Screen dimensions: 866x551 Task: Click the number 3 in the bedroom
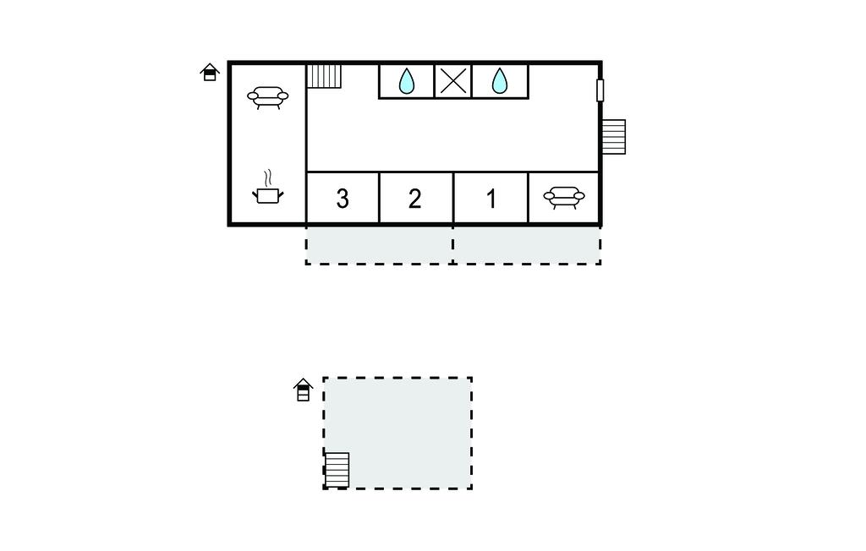(x=343, y=199)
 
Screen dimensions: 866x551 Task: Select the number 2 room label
(x=414, y=199)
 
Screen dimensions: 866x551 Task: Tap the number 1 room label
(x=491, y=199)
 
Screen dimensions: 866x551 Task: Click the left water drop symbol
(x=407, y=80)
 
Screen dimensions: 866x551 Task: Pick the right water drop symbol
(x=499, y=80)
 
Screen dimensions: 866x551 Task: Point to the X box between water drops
(x=453, y=82)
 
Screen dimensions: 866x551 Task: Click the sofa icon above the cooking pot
(x=268, y=97)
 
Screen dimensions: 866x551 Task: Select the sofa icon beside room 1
(x=564, y=197)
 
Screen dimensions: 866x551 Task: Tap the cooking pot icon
(x=268, y=195)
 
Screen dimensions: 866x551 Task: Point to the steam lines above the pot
(x=268, y=177)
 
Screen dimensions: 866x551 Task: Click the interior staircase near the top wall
(x=325, y=76)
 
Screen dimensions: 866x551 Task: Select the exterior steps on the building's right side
(x=613, y=137)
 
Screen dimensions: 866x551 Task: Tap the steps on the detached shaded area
(x=337, y=470)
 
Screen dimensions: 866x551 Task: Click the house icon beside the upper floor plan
(x=210, y=73)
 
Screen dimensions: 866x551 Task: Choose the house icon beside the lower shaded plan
(x=304, y=390)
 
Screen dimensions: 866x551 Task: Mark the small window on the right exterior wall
(x=600, y=90)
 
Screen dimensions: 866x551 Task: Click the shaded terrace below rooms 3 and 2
(x=380, y=244)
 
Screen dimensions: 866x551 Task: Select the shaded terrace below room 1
(x=527, y=244)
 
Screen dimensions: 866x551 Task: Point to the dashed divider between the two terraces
(x=453, y=244)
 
